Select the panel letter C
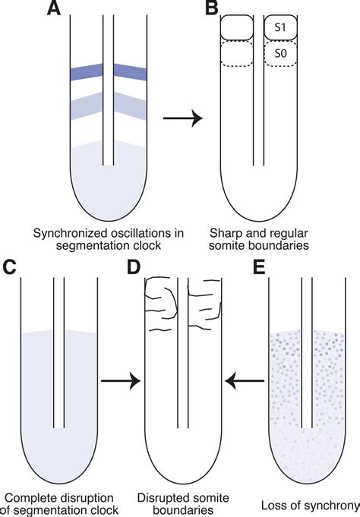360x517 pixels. [10, 268]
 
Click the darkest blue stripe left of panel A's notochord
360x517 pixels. [86, 73]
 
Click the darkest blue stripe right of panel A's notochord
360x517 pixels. [132, 73]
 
